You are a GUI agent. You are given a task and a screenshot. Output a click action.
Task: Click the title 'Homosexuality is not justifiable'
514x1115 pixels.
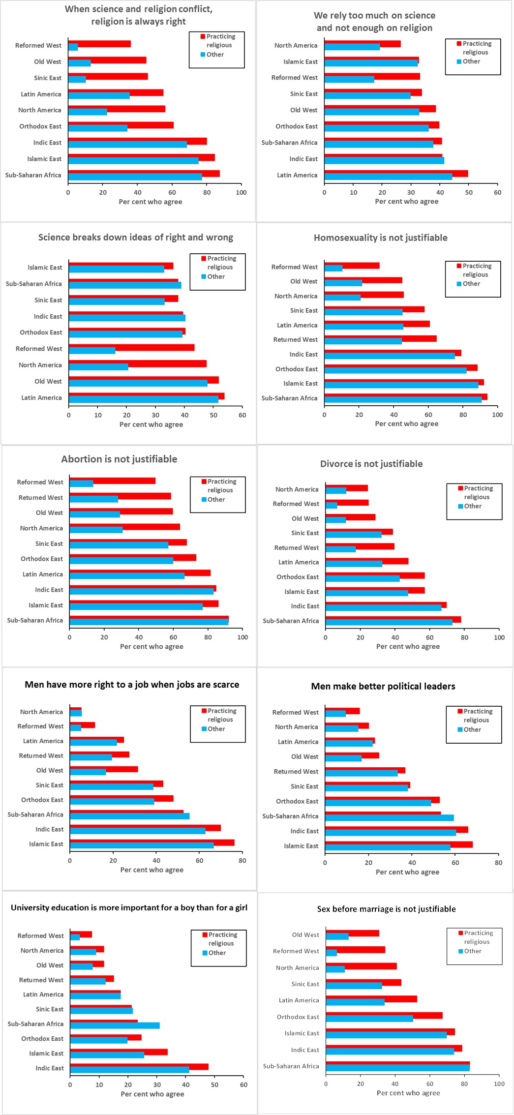tap(380, 238)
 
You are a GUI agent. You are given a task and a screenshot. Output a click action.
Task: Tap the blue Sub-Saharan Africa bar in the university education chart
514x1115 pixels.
tap(115, 1025)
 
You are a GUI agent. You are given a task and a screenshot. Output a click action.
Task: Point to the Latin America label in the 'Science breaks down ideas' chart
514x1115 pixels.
tap(41, 397)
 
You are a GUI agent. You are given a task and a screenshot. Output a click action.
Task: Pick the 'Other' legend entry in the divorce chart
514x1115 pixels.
tap(472, 506)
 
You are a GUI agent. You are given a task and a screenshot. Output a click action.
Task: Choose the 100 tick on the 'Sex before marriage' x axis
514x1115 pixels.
tap(499, 1084)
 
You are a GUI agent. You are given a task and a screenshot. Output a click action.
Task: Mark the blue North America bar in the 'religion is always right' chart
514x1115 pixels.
tap(88, 112)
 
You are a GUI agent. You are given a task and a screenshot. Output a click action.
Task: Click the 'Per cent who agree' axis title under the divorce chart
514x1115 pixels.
tap(408, 646)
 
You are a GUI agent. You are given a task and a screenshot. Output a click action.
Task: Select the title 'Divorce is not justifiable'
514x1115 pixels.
tap(371, 464)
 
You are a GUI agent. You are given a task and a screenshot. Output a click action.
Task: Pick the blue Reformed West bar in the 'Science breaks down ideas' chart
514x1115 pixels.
tap(92, 351)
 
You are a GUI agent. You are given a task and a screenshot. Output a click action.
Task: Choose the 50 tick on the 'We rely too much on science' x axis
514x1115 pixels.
tap(469, 192)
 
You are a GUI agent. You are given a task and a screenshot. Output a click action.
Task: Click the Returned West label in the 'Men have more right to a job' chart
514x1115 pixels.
tap(41, 755)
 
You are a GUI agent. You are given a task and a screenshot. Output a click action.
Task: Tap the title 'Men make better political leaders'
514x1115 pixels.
tap(383, 686)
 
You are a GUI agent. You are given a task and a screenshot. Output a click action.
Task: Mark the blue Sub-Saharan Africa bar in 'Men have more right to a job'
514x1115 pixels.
tap(129, 816)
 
